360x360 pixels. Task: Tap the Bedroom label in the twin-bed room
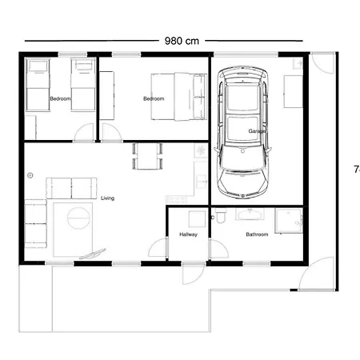click(60, 98)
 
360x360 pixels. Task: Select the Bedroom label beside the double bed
click(154, 98)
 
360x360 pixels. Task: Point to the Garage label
click(257, 130)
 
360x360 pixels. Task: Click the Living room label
click(107, 198)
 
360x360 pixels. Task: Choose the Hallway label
click(189, 234)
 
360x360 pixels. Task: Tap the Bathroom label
click(257, 234)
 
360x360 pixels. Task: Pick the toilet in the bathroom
click(221, 217)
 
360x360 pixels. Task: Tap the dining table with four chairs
click(147, 156)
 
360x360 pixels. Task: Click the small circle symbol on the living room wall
click(30, 174)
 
